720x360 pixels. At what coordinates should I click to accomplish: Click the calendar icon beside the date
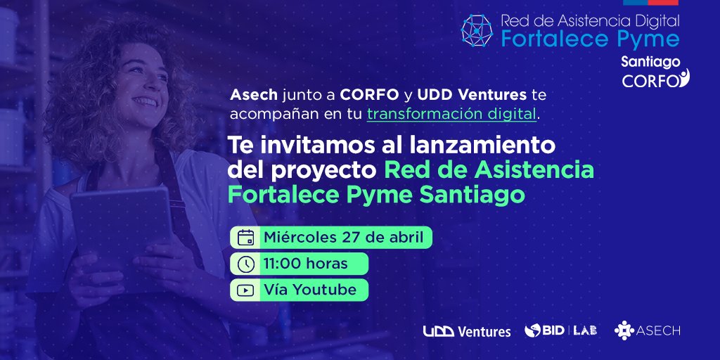(245, 237)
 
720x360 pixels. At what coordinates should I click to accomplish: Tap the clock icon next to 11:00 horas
(245, 264)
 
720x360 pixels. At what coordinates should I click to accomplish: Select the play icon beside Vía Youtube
(245, 290)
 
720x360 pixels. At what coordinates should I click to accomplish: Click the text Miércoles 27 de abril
(343, 237)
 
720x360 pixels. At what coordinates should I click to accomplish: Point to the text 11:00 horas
(305, 264)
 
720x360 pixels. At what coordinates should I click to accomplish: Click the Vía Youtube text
(309, 290)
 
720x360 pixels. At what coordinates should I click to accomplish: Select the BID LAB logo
(560, 330)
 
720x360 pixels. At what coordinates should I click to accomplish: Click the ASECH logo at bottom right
(647, 330)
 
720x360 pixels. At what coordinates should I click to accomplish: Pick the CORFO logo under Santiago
(655, 79)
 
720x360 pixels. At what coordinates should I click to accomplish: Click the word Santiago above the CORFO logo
(650, 62)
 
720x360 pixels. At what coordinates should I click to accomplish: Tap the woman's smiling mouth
(145, 101)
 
